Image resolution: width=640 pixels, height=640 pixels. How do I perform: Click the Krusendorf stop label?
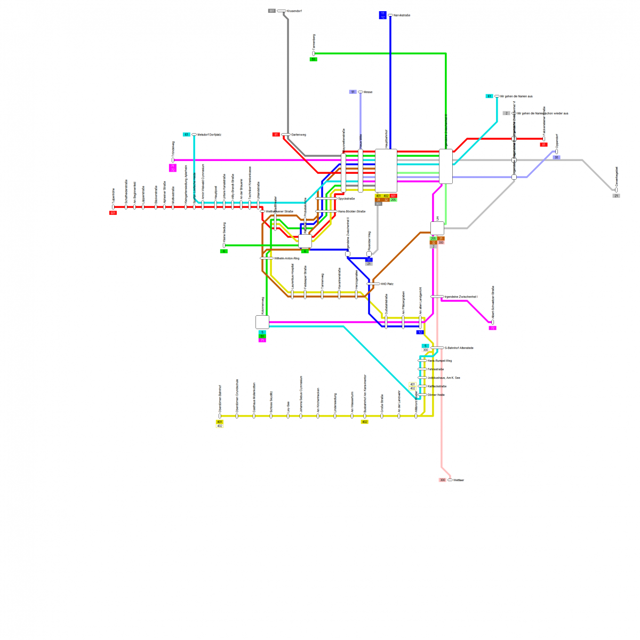pyautogui.click(x=294, y=11)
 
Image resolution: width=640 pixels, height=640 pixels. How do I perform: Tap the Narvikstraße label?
pyautogui.click(x=402, y=15)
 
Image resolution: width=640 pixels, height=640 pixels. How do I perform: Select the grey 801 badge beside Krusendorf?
pyautogui.click(x=272, y=11)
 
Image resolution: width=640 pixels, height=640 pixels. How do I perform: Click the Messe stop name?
pyautogui.click(x=367, y=92)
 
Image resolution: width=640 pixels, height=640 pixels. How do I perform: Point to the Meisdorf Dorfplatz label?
pyautogui.click(x=209, y=135)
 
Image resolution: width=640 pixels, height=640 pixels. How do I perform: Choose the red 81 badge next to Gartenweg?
pyautogui.click(x=276, y=134)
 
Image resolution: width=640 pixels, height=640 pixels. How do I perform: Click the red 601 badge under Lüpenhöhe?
pyautogui.click(x=113, y=213)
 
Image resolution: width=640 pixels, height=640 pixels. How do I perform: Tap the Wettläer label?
pyautogui.click(x=459, y=481)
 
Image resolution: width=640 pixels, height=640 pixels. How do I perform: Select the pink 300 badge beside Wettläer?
pyautogui.click(x=442, y=481)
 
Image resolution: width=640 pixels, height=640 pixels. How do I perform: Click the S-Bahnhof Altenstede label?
pyautogui.click(x=459, y=348)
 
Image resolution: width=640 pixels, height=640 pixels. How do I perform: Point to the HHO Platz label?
pyautogui.click(x=387, y=284)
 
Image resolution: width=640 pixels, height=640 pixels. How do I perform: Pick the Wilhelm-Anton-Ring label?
pyautogui.click(x=286, y=258)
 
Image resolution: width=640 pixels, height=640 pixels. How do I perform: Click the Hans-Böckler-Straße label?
pyautogui.click(x=351, y=212)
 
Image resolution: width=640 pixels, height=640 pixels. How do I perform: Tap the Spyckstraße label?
pyautogui.click(x=347, y=198)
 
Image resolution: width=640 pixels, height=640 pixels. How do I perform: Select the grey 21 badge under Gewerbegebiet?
pyautogui.click(x=616, y=196)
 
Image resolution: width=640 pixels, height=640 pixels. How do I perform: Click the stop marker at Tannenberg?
pyautogui.click(x=314, y=53)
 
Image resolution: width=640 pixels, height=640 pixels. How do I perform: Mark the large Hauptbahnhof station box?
pyautogui.click(x=386, y=170)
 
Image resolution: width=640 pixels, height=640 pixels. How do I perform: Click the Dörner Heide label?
pyautogui.click(x=436, y=395)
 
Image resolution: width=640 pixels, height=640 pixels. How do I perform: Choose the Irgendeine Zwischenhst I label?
pyautogui.click(x=461, y=297)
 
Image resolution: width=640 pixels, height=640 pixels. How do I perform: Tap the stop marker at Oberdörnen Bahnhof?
pyautogui.click(x=220, y=416)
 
